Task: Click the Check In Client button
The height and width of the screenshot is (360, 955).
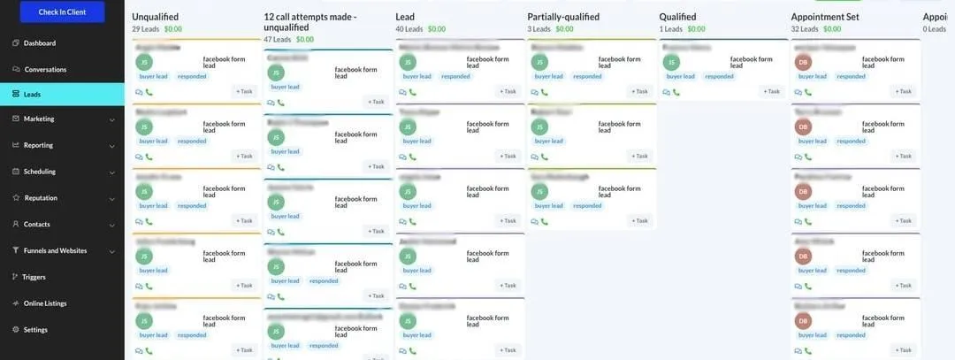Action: click(62, 11)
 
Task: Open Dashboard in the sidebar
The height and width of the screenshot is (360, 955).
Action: click(39, 43)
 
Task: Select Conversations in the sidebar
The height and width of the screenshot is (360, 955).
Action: click(45, 69)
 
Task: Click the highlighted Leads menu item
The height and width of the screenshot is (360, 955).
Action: click(32, 94)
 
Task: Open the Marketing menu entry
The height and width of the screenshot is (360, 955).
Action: click(39, 119)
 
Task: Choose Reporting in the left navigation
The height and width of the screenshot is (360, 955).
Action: click(38, 145)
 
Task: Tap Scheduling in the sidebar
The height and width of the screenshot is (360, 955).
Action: click(40, 172)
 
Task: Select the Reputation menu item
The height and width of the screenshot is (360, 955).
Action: click(41, 198)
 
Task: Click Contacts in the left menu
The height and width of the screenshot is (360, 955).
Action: click(37, 225)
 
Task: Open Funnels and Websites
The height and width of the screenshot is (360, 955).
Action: click(55, 250)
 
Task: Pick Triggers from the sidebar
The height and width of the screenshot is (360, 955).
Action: click(34, 277)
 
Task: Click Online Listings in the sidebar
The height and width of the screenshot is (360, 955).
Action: click(45, 303)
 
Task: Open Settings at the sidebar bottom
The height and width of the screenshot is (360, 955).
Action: click(35, 330)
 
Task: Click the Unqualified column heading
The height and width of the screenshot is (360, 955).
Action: click(157, 17)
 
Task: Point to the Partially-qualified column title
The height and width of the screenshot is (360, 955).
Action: click(563, 17)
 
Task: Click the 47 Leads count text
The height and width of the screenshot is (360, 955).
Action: click(277, 40)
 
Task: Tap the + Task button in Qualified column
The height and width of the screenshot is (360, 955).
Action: click(770, 91)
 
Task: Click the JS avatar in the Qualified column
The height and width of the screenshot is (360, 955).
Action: click(671, 63)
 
